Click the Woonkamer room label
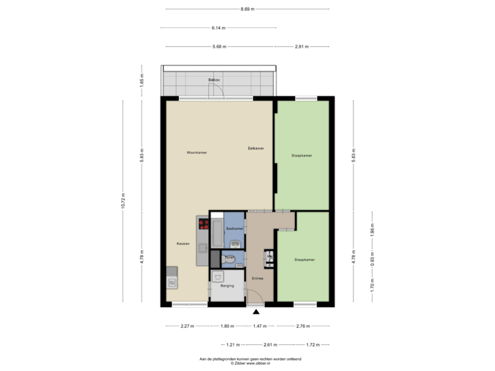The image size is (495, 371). coord(196,152)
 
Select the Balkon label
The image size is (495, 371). coord(214,80)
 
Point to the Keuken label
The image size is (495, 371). coord(182,244)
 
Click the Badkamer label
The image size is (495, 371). coord(234,227)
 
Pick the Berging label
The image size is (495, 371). coord(228,284)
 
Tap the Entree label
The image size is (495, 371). coord(258,278)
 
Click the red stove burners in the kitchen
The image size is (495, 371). coord(203,223)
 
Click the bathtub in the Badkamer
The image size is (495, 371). coord(217,234)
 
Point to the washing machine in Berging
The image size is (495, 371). coord(218,277)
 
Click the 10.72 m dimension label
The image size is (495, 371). coord(123,201)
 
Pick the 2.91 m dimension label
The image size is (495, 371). coord(301,47)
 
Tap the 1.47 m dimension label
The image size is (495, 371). coord(258,326)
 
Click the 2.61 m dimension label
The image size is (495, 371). coord(270,344)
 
